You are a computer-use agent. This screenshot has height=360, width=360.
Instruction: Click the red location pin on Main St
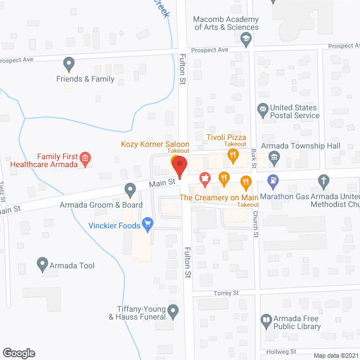[x=179, y=166]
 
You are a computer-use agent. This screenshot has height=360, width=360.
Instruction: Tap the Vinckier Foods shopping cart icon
[x=148, y=225]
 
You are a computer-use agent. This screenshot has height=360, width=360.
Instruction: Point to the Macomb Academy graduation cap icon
[x=245, y=39]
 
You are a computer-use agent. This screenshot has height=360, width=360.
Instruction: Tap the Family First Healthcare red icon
[x=85, y=159]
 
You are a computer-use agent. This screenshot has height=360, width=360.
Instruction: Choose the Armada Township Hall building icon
[x=274, y=157]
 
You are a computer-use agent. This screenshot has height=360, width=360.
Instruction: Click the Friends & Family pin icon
[x=69, y=63]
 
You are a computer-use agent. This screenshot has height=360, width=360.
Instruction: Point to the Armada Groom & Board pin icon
[x=130, y=189]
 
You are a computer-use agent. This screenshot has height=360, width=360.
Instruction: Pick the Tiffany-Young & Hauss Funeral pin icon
[x=173, y=309]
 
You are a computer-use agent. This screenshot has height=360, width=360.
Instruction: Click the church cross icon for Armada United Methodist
[x=323, y=181]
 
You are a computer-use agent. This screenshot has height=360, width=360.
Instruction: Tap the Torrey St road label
[x=227, y=293]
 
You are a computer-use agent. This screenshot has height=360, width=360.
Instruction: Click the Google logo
[x=19, y=353]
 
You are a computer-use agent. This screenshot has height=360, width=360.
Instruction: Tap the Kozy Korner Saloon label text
[x=155, y=144]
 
